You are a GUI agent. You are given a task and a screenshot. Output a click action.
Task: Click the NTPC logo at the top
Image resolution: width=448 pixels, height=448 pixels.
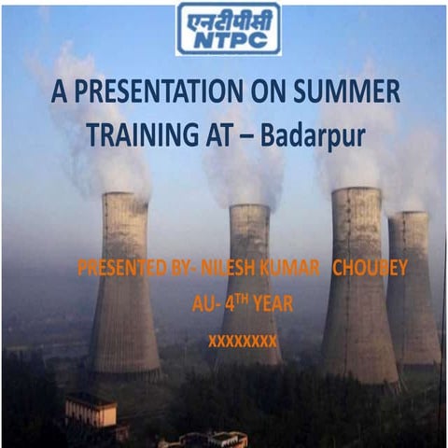tap(229, 29)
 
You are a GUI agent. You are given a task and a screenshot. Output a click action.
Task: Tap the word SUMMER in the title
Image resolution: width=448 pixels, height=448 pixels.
tap(354, 93)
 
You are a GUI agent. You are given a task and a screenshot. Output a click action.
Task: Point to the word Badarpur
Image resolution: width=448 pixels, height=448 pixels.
tap(313, 136)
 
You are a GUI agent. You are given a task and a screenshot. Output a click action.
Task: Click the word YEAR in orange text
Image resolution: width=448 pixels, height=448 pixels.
tap(267, 304)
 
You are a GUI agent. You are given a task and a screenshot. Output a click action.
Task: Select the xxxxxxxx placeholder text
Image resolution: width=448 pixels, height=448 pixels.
tap(243, 341)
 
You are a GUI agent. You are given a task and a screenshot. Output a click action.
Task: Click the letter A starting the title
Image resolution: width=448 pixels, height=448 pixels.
tap(58, 93)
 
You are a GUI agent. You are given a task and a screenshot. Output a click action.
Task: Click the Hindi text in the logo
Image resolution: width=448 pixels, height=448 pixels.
tap(229, 18)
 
